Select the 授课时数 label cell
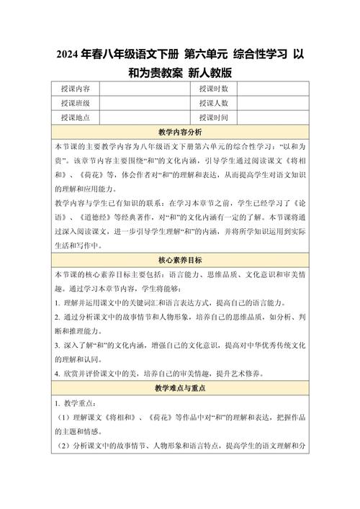(x=214, y=89)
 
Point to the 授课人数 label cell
(x=214, y=103)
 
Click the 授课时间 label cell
(x=214, y=117)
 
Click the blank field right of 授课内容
(x=144, y=89)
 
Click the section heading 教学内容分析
(x=179, y=132)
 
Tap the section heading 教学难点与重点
(x=179, y=387)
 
